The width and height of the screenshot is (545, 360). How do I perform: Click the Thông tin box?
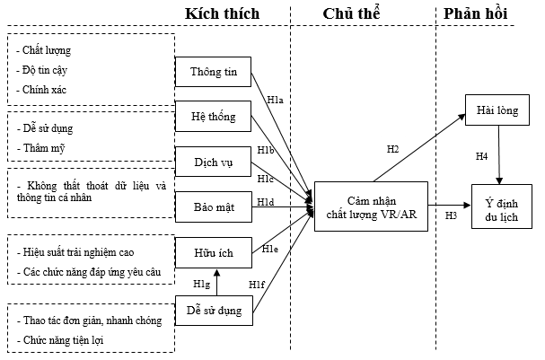(213, 72)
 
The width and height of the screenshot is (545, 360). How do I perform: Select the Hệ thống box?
(213, 117)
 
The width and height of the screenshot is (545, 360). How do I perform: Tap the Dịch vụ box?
(213, 162)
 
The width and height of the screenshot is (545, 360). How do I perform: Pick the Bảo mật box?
(213, 206)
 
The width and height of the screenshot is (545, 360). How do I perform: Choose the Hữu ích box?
(213, 253)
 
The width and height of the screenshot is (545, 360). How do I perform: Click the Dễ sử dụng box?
(213, 310)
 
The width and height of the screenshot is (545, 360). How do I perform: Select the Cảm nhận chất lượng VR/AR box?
(371, 206)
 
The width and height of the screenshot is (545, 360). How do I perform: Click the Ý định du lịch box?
(499, 208)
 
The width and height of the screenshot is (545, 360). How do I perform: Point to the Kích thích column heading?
(222, 15)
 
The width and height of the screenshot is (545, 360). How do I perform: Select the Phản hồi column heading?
(473, 15)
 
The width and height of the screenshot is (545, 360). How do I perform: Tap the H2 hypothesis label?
(392, 148)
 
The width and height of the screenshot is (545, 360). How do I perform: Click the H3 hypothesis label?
(451, 215)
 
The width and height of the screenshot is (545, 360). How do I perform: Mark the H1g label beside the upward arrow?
(200, 284)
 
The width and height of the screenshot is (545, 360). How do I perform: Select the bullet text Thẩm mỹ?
(41, 147)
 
